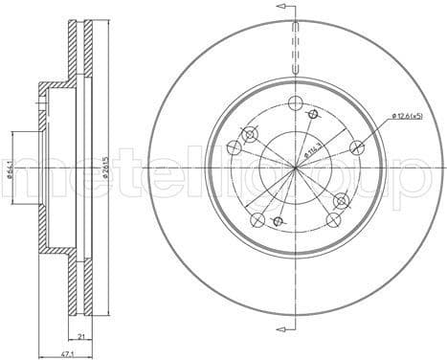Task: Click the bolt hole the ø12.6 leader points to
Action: [x=358, y=146]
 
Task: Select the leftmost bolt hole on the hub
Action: [x=233, y=148]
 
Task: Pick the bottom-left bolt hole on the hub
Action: [x=256, y=221]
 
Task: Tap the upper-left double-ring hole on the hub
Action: [x=250, y=133]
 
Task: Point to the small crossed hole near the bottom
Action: [x=279, y=222]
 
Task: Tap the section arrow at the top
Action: [x=282, y=8]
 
